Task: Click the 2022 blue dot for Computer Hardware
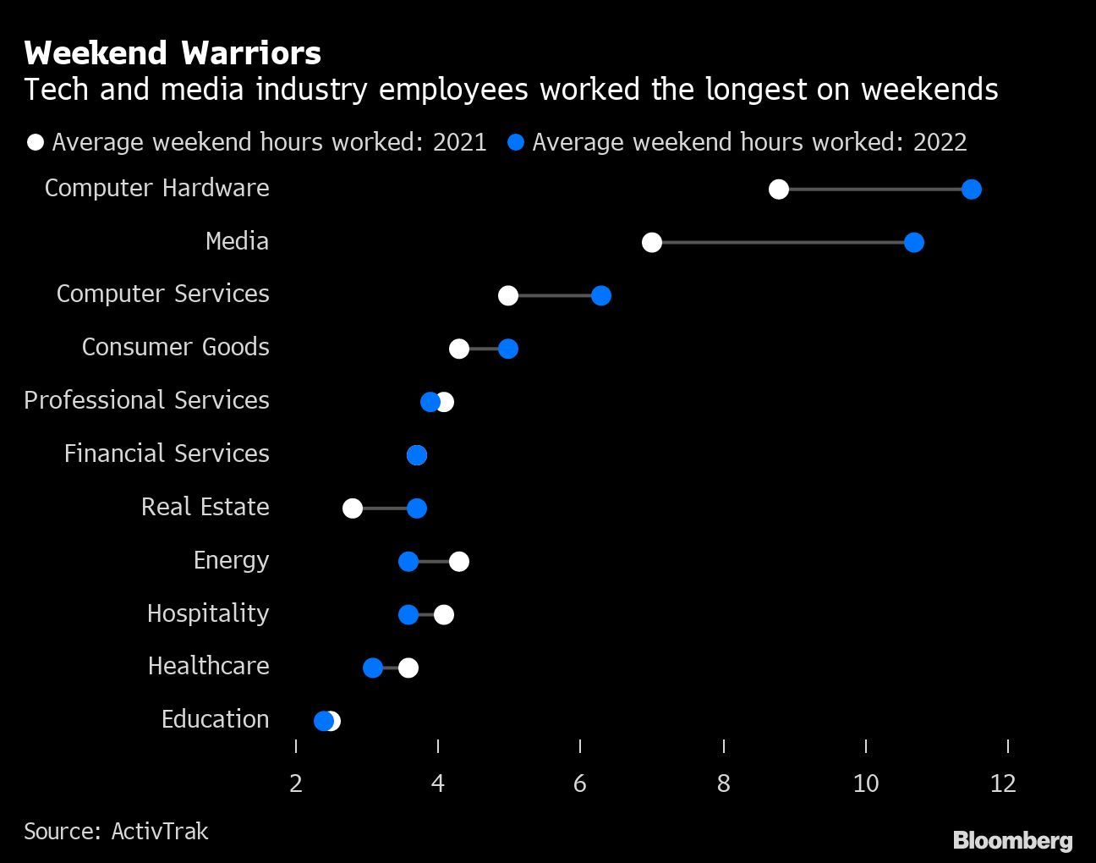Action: pyautogui.click(x=971, y=190)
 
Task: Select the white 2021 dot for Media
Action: pyautogui.click(x=651, y=243)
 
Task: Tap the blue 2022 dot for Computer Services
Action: pyautogui.click(x=600, y=295)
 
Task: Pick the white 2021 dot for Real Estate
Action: pyautogui.click(x=353, y=508)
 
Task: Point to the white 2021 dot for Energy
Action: pyautogui.click(x=458, y=562)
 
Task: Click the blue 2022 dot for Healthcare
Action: pyautogui.click(x=373, y=668)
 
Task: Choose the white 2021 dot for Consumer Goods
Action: pyautogui.click(x=458, y=349)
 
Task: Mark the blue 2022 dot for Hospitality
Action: pyautogui.click(x=408, y=615)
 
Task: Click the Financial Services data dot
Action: pyautogui.click(x=417, y=455)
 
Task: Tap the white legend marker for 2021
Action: pyautogui.click(x=36, y=142)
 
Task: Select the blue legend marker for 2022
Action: pyautogui.click(x=515, y=142)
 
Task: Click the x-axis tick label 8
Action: pyautogui.click(x=723, y=783)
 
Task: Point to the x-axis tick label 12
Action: pyautogui.click(x=1003, y=783)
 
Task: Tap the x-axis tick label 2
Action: pyautogui.click(x=295, y=783)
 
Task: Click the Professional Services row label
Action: pyautogui.click(x=146, y=400)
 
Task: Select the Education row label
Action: pyautogui.click(x=215, y=719)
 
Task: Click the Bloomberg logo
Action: pyautogui.click(x=1012, y=840)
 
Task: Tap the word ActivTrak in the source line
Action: pyautogui.click(x=160, y=832)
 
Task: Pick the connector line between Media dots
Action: pyautogui.click(x=782, y=243)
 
